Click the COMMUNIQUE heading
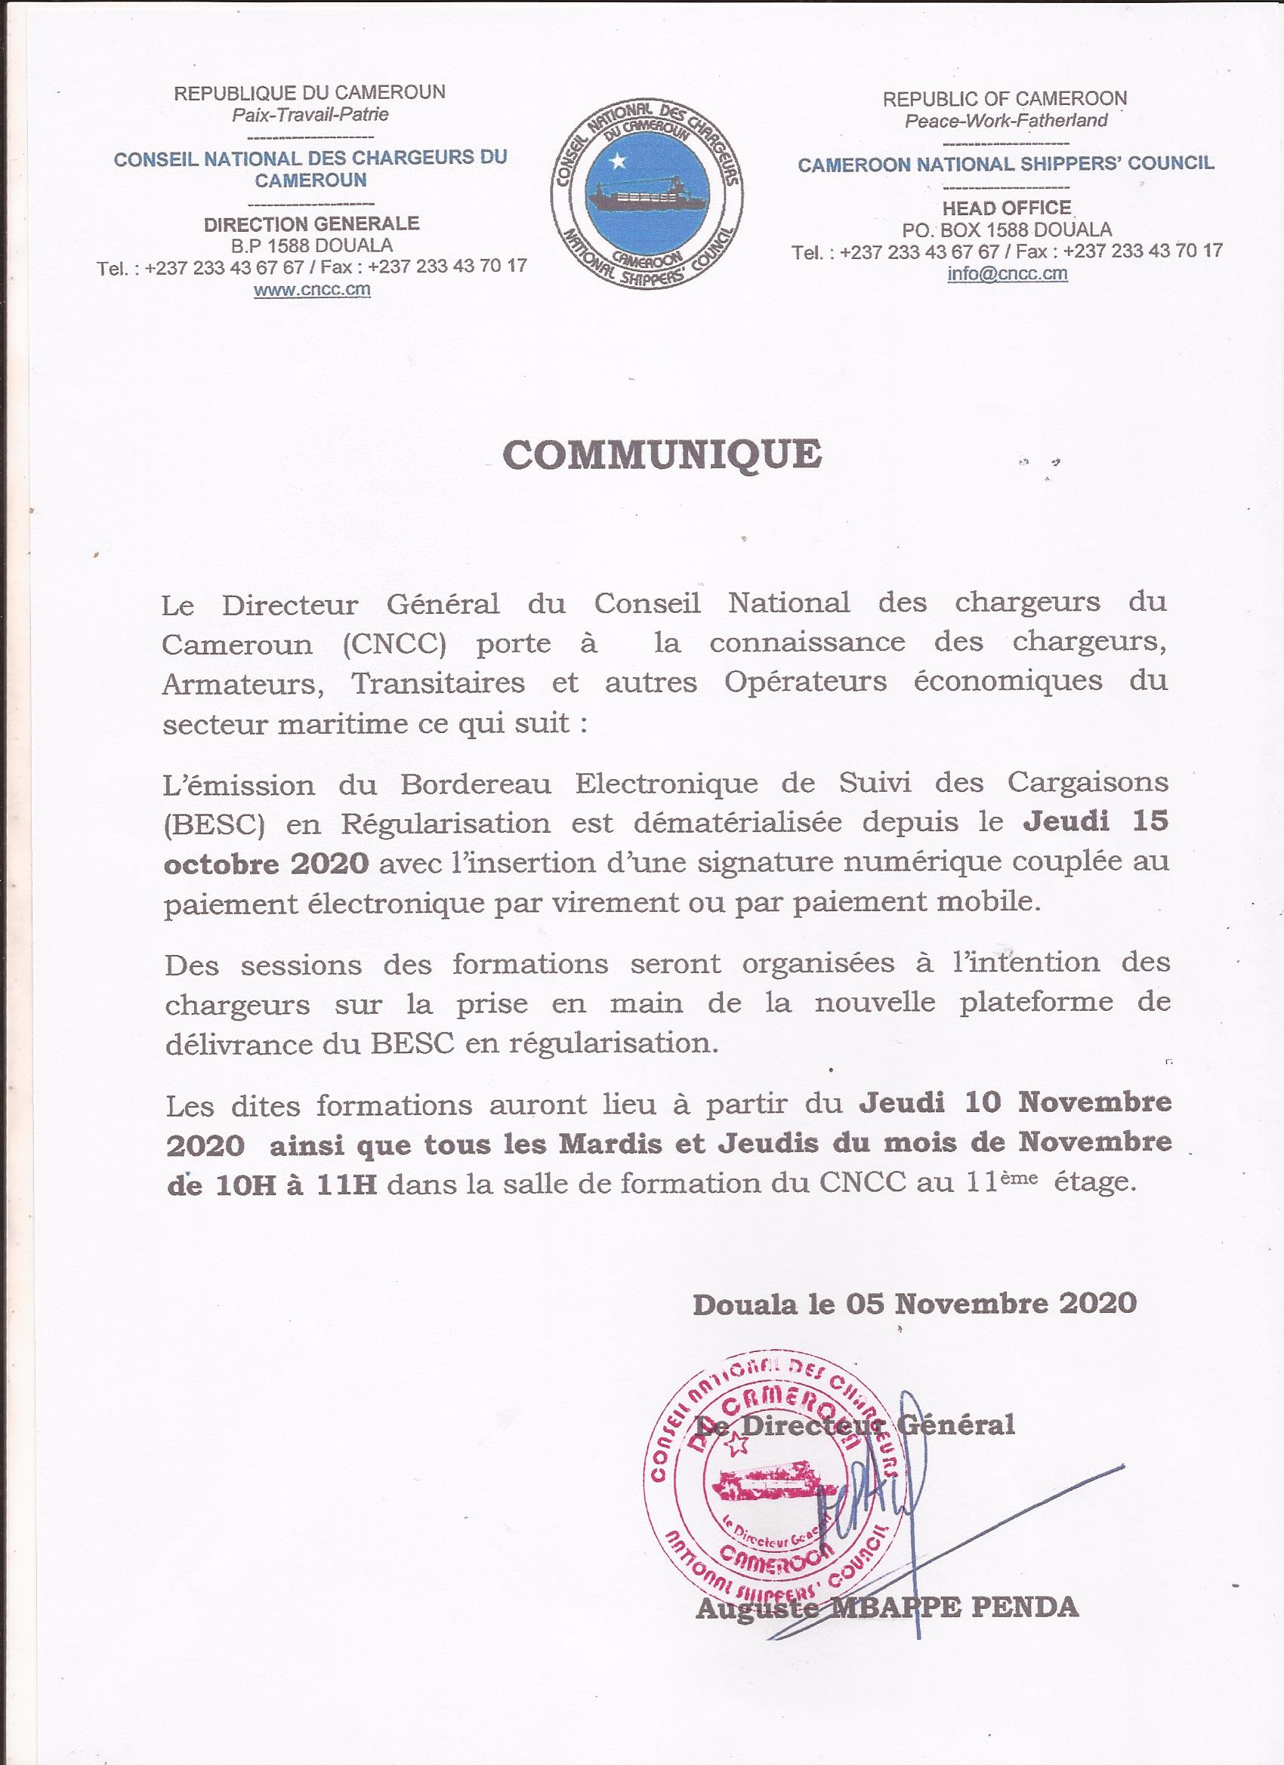[661, 454]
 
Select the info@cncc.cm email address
[1007, 274]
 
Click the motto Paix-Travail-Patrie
[310, 115]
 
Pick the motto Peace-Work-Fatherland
[1005, 121]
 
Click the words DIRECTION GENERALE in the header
[310, 224]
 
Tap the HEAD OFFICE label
[1006, 208]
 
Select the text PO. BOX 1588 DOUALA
[1006, 229]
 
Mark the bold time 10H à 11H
[273, 1183]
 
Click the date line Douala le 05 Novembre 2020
[914, 1302]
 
